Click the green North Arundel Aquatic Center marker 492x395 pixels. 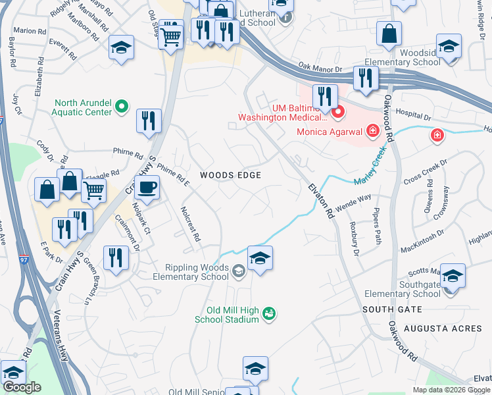coord(121,105)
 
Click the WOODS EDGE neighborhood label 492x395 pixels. coord(231,175)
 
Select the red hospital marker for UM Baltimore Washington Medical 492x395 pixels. coord(338,113)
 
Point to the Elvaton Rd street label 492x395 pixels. coord(320,201)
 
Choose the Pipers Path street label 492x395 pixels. coord(377,228)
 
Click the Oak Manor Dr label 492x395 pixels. coord(320,68)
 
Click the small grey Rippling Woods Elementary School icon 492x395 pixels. coord(238,270)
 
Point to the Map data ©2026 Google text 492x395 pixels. coord(451,390)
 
